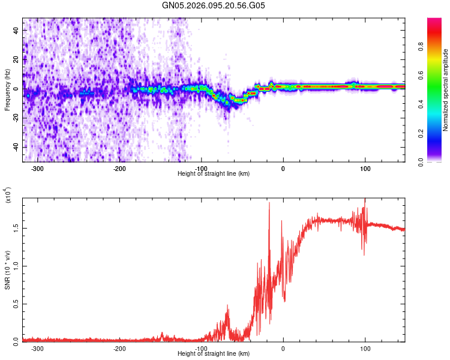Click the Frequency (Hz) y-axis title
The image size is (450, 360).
coord(7,90)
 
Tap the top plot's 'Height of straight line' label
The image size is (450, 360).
coord(214,174)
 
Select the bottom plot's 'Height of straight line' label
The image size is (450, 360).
coord(214,354)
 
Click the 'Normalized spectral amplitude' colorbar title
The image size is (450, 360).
coord(446,90)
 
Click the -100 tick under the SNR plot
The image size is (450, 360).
coord(201,348)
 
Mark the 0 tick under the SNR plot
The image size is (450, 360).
coord(283,348)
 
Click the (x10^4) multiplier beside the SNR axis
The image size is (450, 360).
coord(8,196)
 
